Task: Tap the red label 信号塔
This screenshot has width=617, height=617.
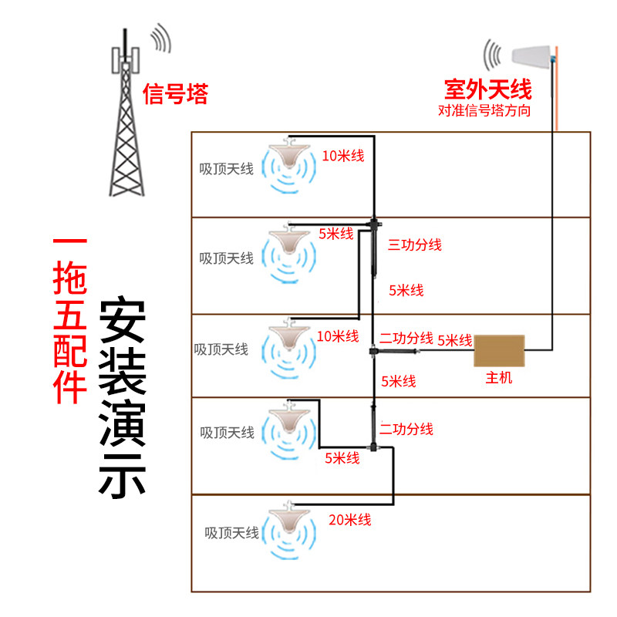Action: click(176, 94)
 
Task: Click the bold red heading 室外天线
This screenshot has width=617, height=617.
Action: click(488, 89)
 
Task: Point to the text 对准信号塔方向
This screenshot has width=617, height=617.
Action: click(484, 110)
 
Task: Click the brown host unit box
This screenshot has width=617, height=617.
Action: click(499, 351)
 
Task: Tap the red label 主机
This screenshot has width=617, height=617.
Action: click(499, 378)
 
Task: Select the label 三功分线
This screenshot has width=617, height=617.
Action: click(415, 244)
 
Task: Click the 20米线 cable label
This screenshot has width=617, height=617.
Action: click(350, 520)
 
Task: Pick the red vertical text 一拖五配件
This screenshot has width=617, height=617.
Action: click(70, 321)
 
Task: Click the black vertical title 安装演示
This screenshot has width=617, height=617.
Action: click(123, 396)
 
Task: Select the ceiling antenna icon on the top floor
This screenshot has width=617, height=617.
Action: click(289, 165)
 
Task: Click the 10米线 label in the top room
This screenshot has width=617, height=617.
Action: click(343, 156)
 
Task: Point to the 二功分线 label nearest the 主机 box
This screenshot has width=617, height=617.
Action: click(406, 338)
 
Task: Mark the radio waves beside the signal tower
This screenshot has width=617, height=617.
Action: click(161, 38)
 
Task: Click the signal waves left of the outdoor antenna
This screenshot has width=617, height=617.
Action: click(493, 55)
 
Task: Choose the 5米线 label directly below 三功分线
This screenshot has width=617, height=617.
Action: click(406, 291)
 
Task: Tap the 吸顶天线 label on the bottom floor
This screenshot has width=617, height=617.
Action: click(232, 533)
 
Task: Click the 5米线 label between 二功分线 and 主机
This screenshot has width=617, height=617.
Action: click(455, 340)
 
